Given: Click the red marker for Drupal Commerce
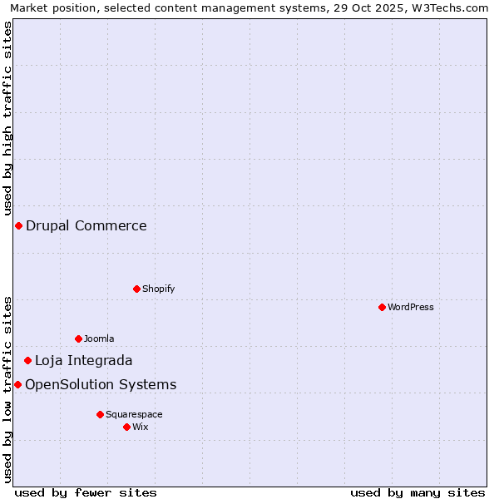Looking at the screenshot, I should [x=18, y=225].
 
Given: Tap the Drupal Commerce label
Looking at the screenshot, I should [x=86, y=225].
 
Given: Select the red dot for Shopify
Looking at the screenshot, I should [x=136, y=289].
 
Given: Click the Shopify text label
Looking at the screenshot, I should [x=158, y=289].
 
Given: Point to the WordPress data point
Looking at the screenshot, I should [x=382, y=307].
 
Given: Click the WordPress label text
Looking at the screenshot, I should [x=411, y=307].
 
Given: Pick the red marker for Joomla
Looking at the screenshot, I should [x=78, y=338].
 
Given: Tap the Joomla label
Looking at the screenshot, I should [x=99, y=338].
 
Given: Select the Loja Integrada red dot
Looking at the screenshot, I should [x=27, y=360].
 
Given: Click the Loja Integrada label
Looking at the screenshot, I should [x=83, y=360].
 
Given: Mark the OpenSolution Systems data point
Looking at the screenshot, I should [x=17, y=384].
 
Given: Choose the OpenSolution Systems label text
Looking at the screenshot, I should [x=101, y=384].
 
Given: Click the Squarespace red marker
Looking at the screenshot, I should [x=100, y=414].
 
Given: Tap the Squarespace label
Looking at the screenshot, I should [x=134, y=414].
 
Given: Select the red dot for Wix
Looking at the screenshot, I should [x=126, y=427].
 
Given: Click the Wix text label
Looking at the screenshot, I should [x=141, y=427].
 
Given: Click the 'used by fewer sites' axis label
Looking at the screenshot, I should [x=86, y=492].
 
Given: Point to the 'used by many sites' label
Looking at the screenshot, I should [x=417, y=492].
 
